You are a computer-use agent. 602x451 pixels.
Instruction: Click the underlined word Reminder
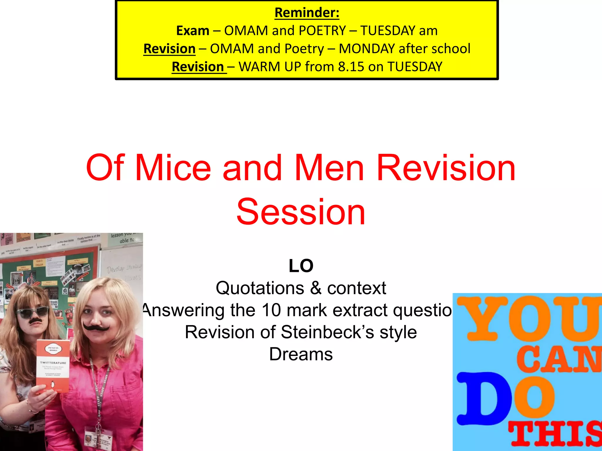pyautogui.click(x=307, y=13)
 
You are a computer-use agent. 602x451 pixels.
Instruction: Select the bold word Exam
pyautogui.click(x=193, y=31)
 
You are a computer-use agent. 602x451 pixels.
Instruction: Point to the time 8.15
pyautogui.click(x=351, y=67)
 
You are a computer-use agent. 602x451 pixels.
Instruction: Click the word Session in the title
pyautogui.click(x=301, y=212)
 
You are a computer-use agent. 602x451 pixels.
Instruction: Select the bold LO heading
pyautogui.click(x=301, y=266)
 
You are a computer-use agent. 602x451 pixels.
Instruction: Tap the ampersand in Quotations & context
pyautogui.click(x=316, y=288)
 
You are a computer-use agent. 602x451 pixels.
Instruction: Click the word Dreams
pyautogui.click(x=301, y=354)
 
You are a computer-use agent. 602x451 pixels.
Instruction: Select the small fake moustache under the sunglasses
pyautogui.click(x=35, y=321)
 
